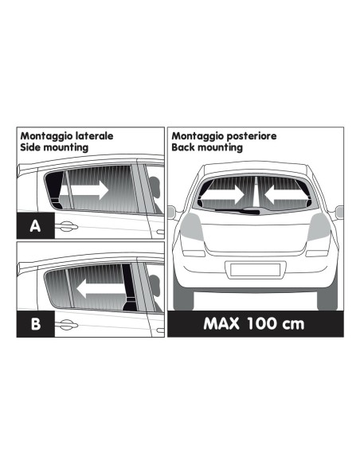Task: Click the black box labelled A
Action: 34,225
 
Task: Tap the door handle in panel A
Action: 67,227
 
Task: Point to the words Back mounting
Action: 209,147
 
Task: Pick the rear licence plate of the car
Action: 255,269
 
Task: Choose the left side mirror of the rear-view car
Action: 170,211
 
